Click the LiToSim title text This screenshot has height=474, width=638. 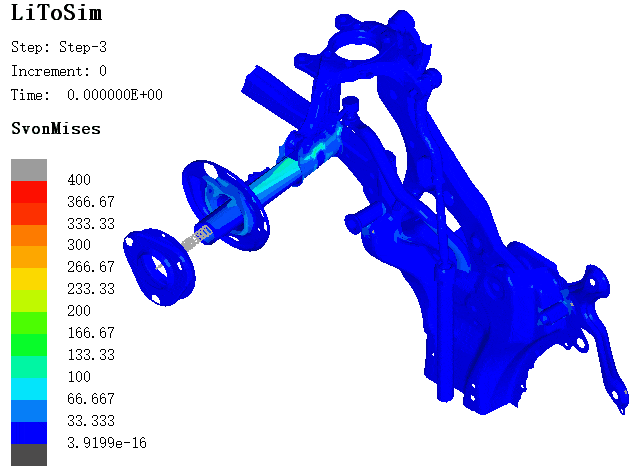(x=56, y=13)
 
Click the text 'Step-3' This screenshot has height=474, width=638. (x=83, y=47)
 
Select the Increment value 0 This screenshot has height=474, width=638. (x=103, y=71)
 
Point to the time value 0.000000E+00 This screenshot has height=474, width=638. (x=115, y=95)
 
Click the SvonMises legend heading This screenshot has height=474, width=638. (x=56, y=129)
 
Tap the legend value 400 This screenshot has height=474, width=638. (x=79, y=180)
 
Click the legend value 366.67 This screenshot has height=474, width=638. (x=91, y=202)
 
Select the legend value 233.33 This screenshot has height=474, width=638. (x=91, y=289)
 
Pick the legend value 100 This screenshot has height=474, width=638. (x=79, y=377)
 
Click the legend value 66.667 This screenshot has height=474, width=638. (x=91, y=399)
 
